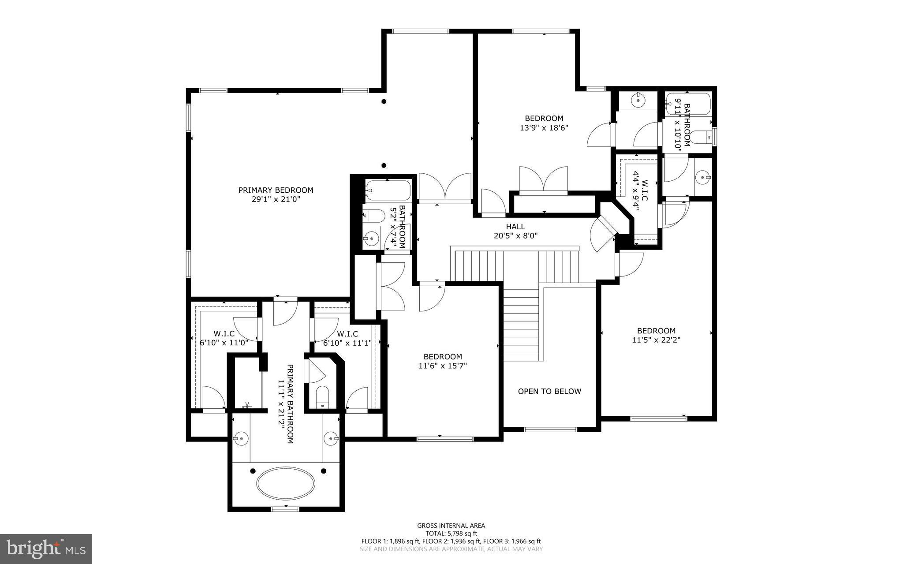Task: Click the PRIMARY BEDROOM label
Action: [x=276, y=190]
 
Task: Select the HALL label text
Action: [x=515, y=226]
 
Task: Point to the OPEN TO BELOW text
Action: [x=549, y=391]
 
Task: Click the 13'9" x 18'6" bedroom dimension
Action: [x=544, y=128]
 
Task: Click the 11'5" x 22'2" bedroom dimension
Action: [x=656, y=340]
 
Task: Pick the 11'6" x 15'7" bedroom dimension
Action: [x=443, y=366]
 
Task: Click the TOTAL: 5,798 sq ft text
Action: [x=451, y=533]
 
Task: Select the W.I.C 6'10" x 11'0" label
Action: [x=224, y=338]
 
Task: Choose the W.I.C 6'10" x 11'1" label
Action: [x=347, y=338]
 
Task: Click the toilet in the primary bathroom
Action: [x=323, y=396]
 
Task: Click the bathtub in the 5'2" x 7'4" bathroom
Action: [x=388, y=191]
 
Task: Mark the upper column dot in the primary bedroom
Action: [x=384, y=101]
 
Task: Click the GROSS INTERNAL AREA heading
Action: [x=451, y=525]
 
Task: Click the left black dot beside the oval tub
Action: [x=253, y=471]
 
